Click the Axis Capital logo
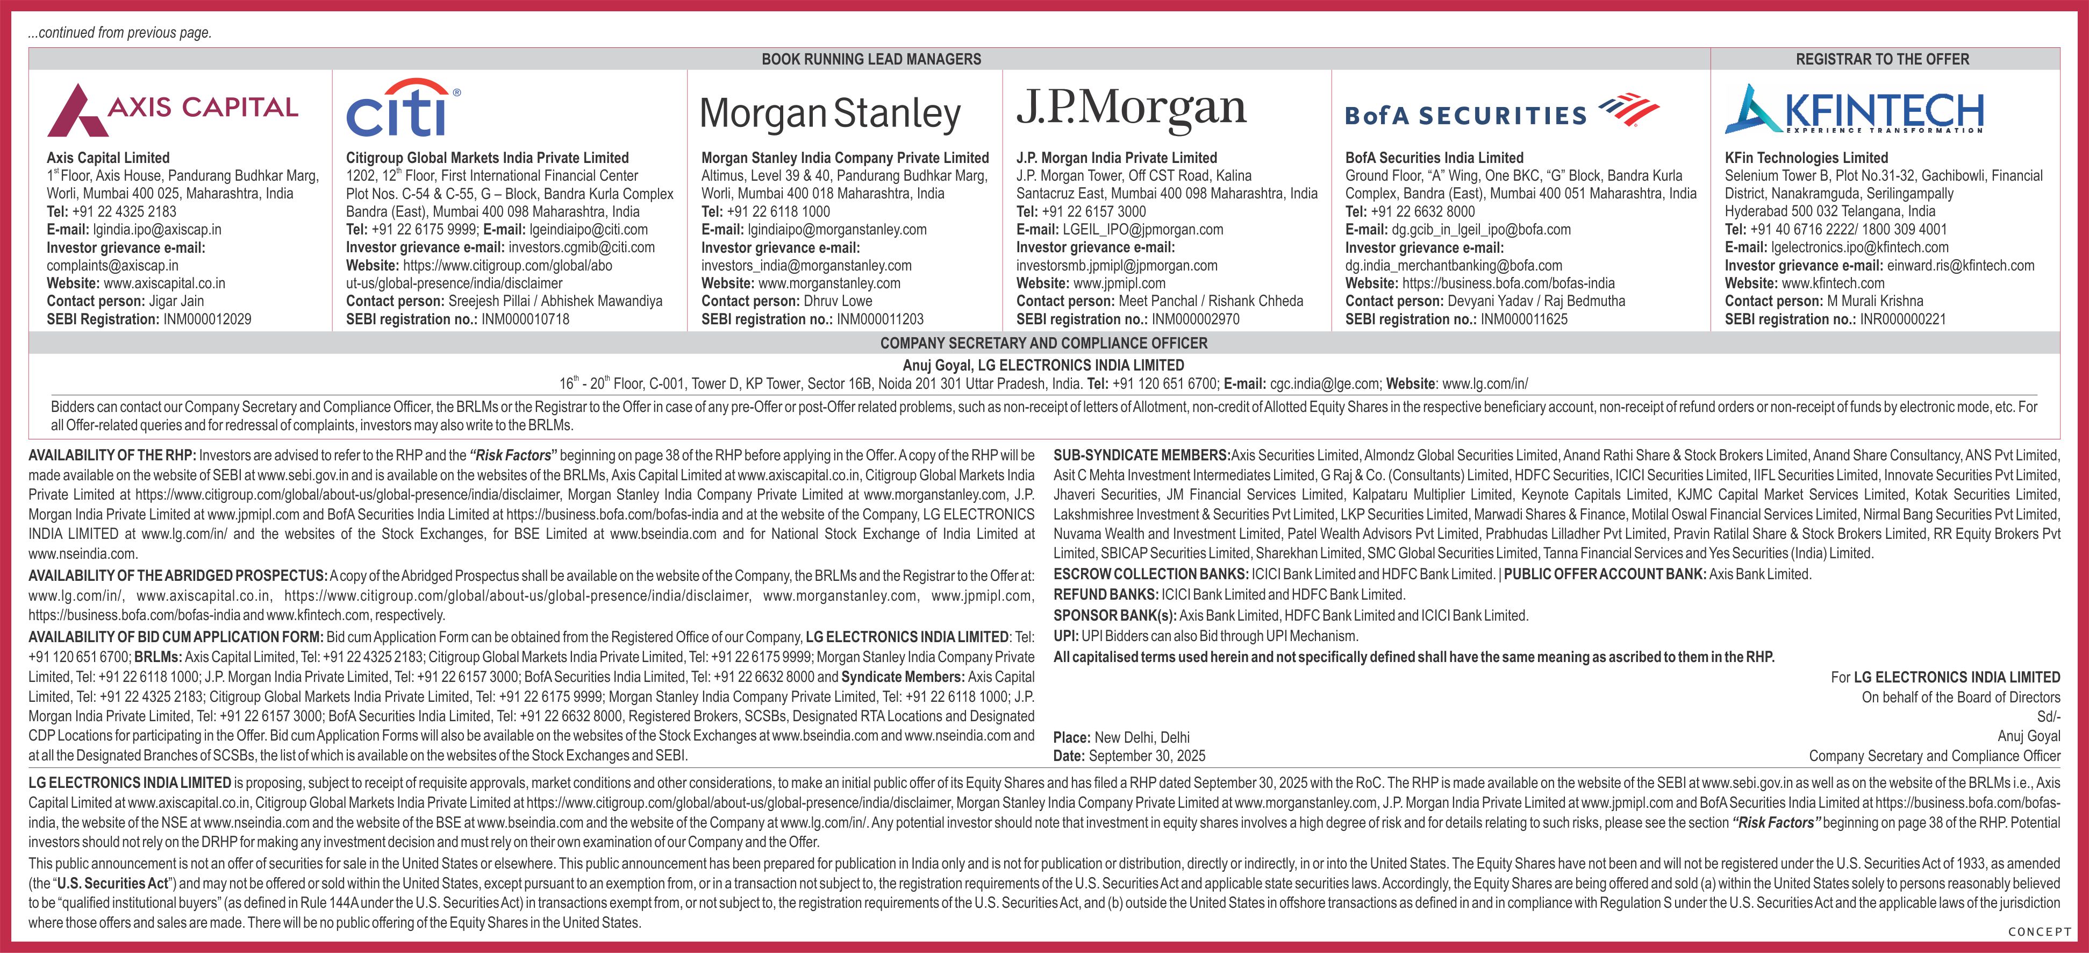coord(173,110)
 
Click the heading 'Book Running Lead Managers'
coord(871,59)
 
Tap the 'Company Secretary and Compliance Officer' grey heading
coord(1043,343)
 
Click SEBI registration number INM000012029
coord(207,319)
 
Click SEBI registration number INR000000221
coord(1902,319)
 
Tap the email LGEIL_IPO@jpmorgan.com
coord(1143,230)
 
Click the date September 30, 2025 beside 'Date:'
coord(1147,757)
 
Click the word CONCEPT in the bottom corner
coord(2038,933)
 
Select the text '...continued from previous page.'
coord(120,33)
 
